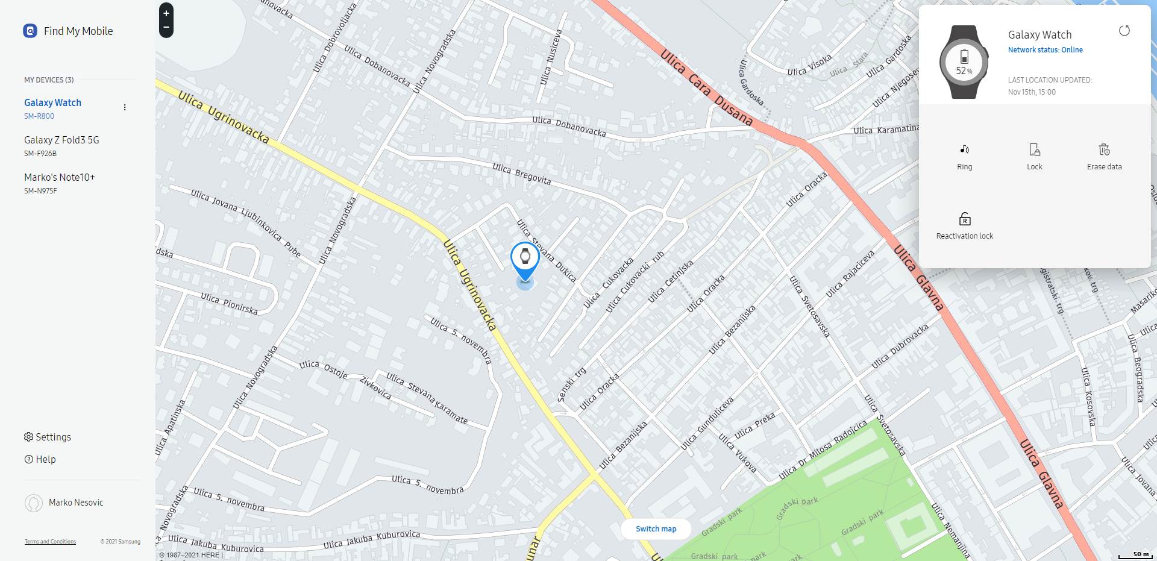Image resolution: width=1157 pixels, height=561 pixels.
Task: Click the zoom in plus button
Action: click(x=166, y=13)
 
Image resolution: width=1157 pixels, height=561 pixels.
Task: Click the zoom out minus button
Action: click(x=166, y=28)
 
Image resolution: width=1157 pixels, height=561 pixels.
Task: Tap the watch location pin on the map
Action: click(x=525, y=257)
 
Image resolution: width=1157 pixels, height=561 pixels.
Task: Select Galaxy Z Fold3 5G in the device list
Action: click(x=61, y=140)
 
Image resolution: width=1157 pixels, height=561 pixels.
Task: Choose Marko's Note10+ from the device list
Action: click(x=60, y=177)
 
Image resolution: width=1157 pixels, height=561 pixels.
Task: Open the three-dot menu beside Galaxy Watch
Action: click(x=125, y=107)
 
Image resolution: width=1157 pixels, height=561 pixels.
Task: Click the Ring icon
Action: click(x=964, y=149)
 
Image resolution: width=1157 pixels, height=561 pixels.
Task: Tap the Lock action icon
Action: click(x=1034, y=149)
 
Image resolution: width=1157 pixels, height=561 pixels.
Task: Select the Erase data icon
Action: click(x=1104, y=149)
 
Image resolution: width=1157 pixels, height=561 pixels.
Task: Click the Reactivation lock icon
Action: click(x=964, y=219)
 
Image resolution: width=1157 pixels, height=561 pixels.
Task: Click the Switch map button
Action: click(x=656, y=528)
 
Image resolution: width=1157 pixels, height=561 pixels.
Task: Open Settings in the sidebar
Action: click(x=48, y=437)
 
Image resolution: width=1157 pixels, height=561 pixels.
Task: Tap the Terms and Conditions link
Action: click(x=50, y=542)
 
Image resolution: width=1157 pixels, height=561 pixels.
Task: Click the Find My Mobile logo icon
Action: click(x=30, y=31)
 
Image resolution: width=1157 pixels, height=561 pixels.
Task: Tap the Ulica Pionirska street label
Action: click(x=229, y=303)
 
